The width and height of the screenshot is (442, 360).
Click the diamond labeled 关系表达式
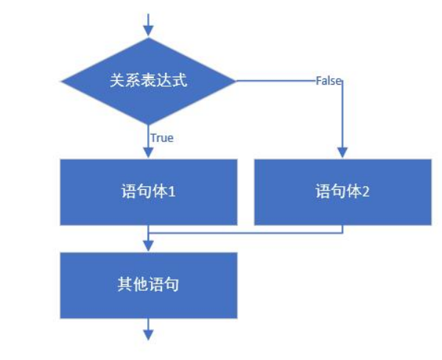pyautogui.click(x=148, y=80)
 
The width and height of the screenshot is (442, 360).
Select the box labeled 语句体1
pyautogui.click(x=148, y=192)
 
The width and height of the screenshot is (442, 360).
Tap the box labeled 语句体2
pyautogui.click(x=343, y=192)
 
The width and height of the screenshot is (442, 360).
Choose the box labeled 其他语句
pyautogui.click(x=148, y=285)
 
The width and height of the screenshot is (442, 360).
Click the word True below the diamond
pyautogui.click(x=161, y=138)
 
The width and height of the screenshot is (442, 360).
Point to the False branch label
pyautogui.click(x=328, y=81)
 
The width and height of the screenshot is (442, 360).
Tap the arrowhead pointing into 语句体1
pyautogui.click(x=148, y=152)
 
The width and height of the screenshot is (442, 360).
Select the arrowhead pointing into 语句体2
pyautogui.click(x=343, y=152)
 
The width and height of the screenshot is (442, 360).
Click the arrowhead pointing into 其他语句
pyautogui.click(x=148, y=247)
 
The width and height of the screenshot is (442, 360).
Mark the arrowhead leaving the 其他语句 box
pyautogui.click(x=148, y=334)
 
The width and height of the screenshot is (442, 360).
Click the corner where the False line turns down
pyautogui.click(x=343, y=81)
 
